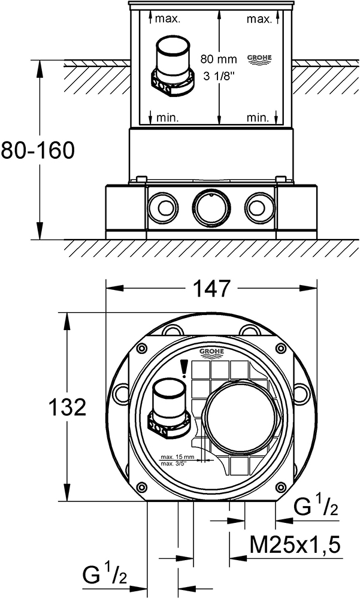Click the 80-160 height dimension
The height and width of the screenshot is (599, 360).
(37, 150)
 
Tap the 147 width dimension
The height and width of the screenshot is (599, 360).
(211, 289)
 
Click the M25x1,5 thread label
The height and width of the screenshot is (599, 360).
(295, 545)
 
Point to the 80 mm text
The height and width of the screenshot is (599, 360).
(215, 59)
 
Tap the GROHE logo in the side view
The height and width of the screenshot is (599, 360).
(259, 59)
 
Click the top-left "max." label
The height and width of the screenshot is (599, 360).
(168, 19)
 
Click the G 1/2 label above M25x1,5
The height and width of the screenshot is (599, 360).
(316, 509)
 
